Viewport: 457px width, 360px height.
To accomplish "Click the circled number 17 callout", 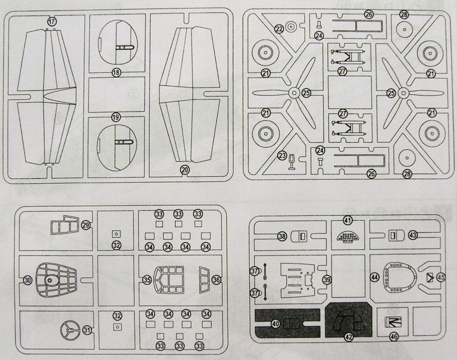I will tap(51, 22).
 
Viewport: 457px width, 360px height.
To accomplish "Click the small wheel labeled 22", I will tap(291, 26).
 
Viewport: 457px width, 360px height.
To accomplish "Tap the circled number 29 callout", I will tap(86, 224).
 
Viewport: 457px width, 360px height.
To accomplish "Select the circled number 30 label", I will tap(27, 280).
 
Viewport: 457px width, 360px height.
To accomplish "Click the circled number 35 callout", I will tap(147, 280).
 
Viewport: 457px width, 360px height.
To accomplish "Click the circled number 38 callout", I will tap(282, 236).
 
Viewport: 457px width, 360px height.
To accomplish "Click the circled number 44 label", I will tap(374, 277).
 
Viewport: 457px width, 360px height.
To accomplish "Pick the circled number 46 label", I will tap(394, 337).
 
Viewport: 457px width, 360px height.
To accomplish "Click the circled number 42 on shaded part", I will tap(349, 337).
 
